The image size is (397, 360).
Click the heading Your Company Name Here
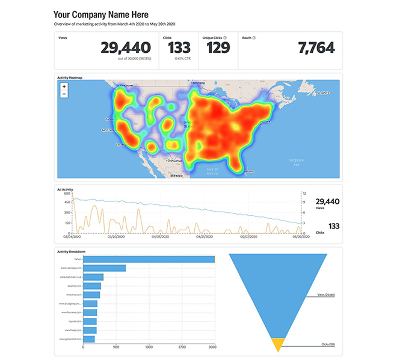point(101,14)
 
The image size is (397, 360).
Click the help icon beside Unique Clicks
point(225,37)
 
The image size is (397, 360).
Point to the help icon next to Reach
point(254,37)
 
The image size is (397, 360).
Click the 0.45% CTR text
point(182,59)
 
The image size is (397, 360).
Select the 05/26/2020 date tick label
point(300,237)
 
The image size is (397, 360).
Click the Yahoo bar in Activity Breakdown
point(149,259)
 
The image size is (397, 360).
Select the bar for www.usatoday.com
point(104,268)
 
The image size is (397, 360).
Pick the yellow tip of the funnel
point(277,344)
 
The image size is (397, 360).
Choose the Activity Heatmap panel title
point(70,78)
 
